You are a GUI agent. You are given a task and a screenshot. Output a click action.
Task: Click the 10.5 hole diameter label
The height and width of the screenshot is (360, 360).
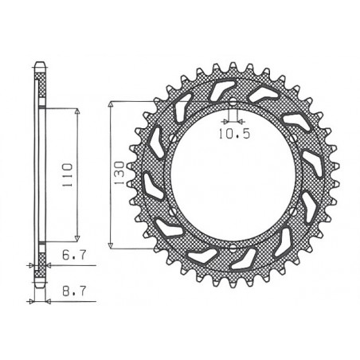click(x=230, y=134)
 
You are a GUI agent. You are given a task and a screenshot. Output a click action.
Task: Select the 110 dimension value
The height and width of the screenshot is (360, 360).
click(x=68, y=171)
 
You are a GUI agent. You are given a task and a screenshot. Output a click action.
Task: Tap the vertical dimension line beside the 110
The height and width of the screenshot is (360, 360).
click(x=77, y=207)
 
